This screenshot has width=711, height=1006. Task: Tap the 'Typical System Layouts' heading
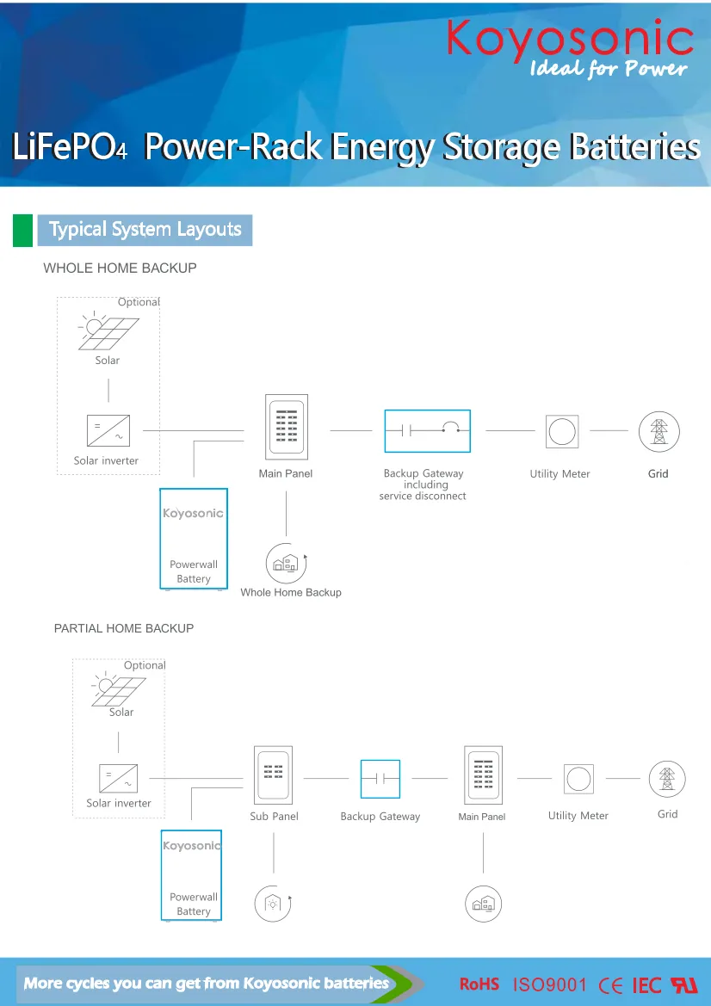click(145, 230)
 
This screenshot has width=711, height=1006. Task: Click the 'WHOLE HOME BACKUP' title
click(120, 268)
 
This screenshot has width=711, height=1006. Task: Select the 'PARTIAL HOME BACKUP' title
click(124, 629)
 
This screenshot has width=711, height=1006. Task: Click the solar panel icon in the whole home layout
click(108, 332)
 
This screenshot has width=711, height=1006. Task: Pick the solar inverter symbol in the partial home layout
click(118, 779)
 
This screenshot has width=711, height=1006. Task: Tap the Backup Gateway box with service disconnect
click(427, 431)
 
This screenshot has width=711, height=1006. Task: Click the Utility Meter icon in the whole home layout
click(562, 432)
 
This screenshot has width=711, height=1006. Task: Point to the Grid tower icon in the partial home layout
click(667, 779)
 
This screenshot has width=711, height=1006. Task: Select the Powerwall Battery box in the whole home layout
click(194, 539)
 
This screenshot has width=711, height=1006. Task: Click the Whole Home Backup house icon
click(287, 564)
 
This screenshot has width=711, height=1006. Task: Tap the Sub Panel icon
click(274, 775)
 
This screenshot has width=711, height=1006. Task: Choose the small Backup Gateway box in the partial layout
click(380, 780)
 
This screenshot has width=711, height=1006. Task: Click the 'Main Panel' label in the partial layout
click(482, 817)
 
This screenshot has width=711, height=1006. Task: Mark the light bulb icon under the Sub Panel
click(273, 904)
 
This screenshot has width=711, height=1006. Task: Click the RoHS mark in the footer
click(479, 984)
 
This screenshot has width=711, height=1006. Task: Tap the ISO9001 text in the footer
click(549, 984)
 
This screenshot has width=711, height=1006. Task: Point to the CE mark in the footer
click(611, 985)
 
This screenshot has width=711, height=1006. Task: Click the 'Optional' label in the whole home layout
click(139, 302)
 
